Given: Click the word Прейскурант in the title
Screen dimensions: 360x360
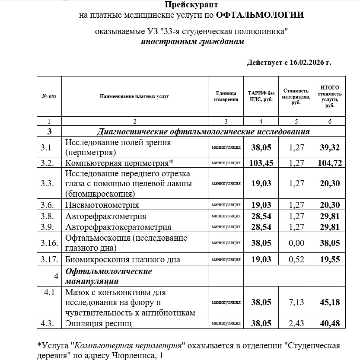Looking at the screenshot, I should [x=192, y=5].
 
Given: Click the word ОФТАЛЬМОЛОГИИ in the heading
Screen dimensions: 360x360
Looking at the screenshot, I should [x=260, y=15].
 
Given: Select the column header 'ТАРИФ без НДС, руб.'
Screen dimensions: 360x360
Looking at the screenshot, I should [x=261, y=96].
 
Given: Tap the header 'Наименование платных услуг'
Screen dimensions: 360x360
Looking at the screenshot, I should [x=134, y=96].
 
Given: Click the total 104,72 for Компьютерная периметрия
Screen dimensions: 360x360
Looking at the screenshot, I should [x=330, y=163].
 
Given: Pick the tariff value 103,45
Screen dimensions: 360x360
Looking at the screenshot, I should [x=261, y=163].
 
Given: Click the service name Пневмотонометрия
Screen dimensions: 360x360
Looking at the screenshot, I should [x=102, y=205].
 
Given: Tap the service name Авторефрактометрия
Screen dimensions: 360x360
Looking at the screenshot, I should [x=105, y=216].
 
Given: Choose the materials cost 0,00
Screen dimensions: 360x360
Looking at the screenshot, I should [x=296, y=243].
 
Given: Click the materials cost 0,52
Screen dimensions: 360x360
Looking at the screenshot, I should [x=296, y=259].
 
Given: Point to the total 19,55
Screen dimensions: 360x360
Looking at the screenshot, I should [x=330, y=259].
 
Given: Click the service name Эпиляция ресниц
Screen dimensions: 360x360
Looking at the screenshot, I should [x=98, y=323].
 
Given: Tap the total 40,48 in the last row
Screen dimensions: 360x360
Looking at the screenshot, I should [x=330, y=323].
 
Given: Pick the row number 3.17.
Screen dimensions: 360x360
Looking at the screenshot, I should [x=49, y=259].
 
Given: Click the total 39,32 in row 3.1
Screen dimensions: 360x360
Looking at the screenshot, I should [x=330, y=147].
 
